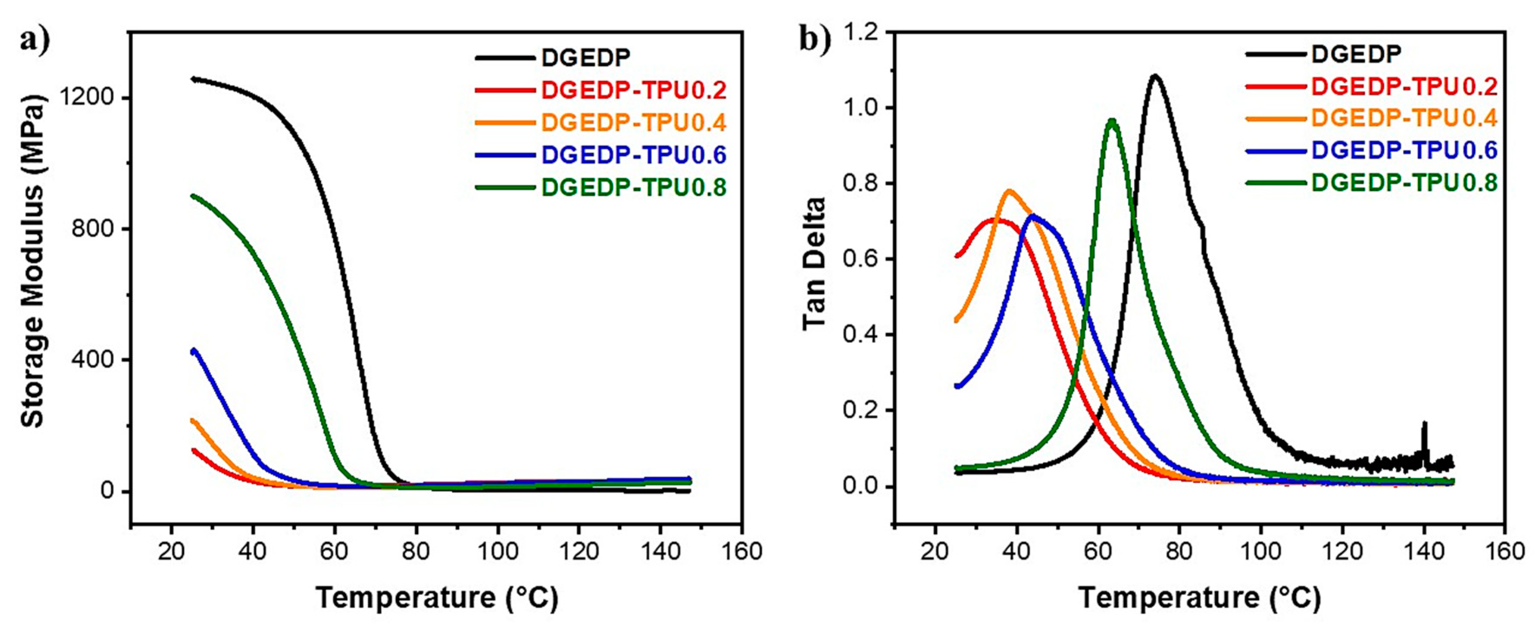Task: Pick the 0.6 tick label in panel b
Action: point(861,259)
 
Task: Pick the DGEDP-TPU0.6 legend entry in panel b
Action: point(1404,150)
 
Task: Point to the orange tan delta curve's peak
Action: point(1010,192)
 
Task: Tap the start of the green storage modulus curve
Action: point(193,196)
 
